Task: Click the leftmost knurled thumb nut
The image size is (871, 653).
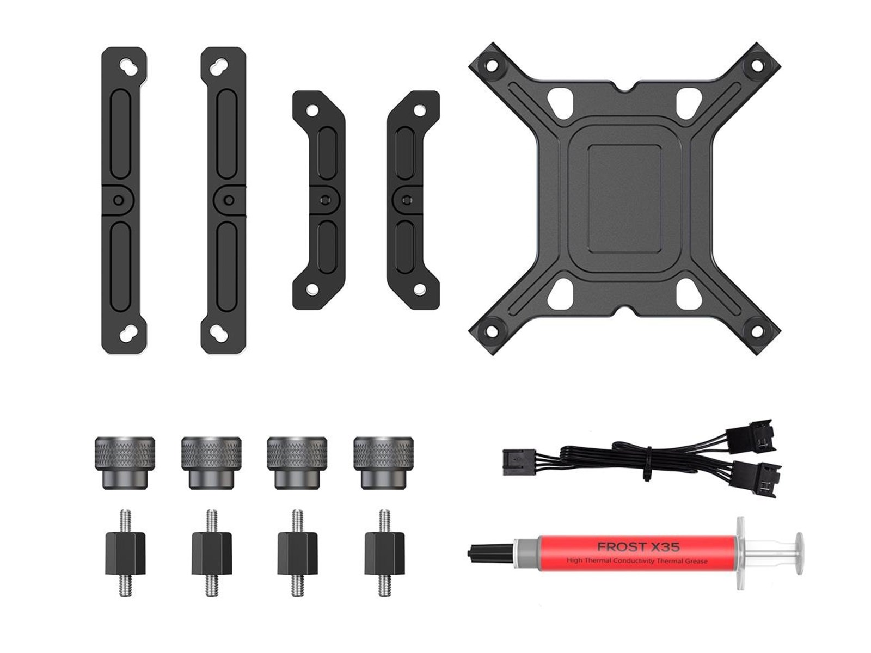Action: point(125,463)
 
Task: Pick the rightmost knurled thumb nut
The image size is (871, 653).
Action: point(383,463)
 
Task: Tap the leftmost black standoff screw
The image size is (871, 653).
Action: point(125,553)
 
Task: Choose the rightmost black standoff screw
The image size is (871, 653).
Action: point(384,553)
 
